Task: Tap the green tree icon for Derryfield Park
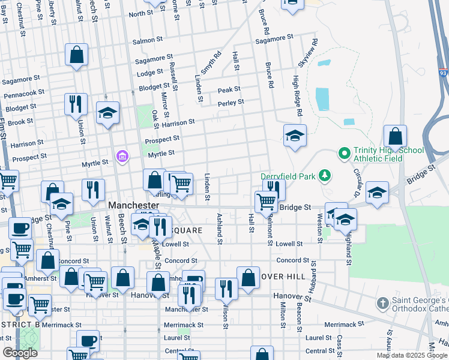325,175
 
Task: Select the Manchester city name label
133,205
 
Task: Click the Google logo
20,352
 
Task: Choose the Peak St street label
229,89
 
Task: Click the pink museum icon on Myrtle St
123,157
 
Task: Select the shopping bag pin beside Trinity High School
395,137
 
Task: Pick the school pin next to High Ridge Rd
295,136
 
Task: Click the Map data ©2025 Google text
412,355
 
